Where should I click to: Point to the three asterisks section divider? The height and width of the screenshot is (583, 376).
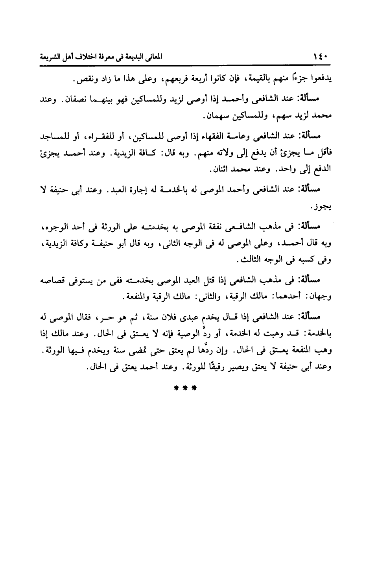pos(184,387)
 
